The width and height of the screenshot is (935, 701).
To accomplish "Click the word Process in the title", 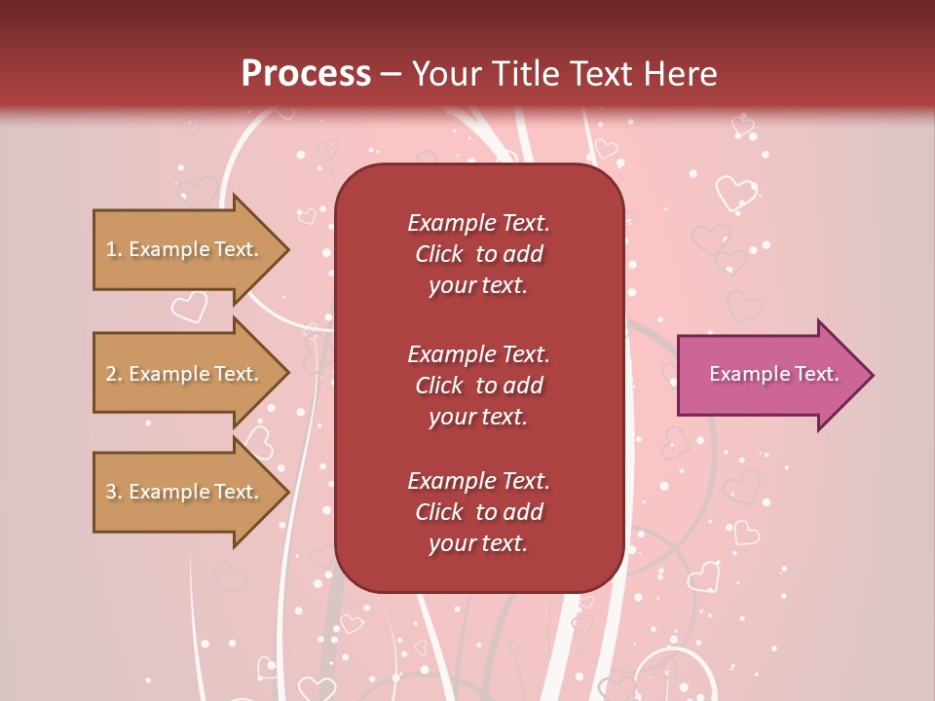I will pyautogui.click(x=306, y=74).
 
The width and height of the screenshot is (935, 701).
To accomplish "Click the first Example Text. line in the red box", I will pyautogui.click(x=478, y=223).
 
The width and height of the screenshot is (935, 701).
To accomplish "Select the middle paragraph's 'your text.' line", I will pyautogui.click(x=478, y=417).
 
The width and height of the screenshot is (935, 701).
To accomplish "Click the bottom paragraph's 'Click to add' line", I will pyautogui.click(x=478, y=512).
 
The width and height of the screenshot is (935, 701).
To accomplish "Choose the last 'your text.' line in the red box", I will pyautogui.click(x=478, y=544).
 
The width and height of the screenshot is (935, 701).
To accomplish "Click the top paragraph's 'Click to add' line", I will pyautogui.click(x=478, y=254).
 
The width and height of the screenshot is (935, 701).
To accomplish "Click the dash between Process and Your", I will pyautogui.click(x=392, y=74).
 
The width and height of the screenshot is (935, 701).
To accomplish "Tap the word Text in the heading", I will pyautogui.click(x=601, y=74).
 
